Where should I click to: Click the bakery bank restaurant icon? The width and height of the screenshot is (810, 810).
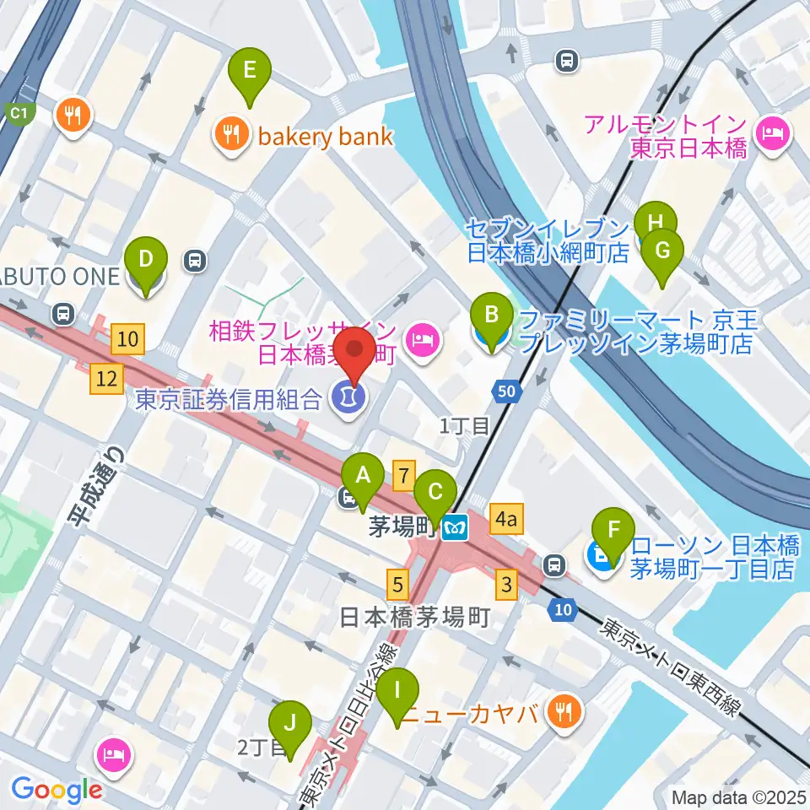pyautogui.click(x=229, y=136)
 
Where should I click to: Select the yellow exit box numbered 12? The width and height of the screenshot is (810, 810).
pyautogui.click(x=106, y=380)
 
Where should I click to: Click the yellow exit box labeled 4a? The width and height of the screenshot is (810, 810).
pyautogui.click(x=505, y=520)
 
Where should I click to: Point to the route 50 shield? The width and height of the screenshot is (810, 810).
pyautogui.click(x=506, y=391)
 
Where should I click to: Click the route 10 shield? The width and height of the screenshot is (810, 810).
pyautogui.click(x=562, y=609)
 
